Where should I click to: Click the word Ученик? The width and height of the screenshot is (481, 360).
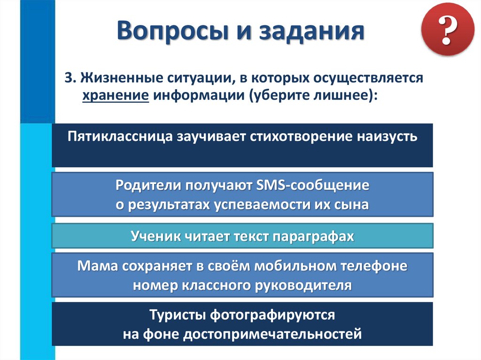point(155,237)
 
